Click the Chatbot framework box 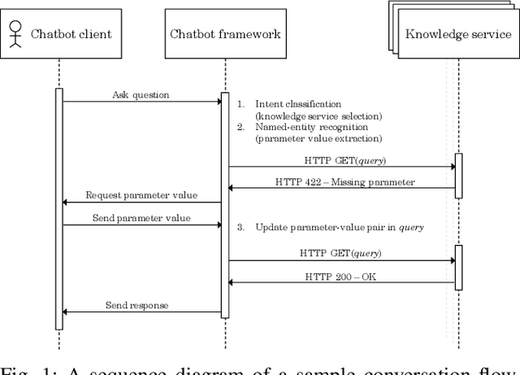click(225, 34)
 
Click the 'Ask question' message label click(141, 95)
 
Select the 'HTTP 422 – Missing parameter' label click(344, 182)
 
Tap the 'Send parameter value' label click(141, 218)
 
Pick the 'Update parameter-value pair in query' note click(340, 227)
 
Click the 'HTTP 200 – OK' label click(340, 277)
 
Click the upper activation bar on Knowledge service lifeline click(458, 175)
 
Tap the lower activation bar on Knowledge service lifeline click(458, 267)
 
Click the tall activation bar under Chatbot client click(59, 208)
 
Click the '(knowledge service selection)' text click(314, 116)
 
